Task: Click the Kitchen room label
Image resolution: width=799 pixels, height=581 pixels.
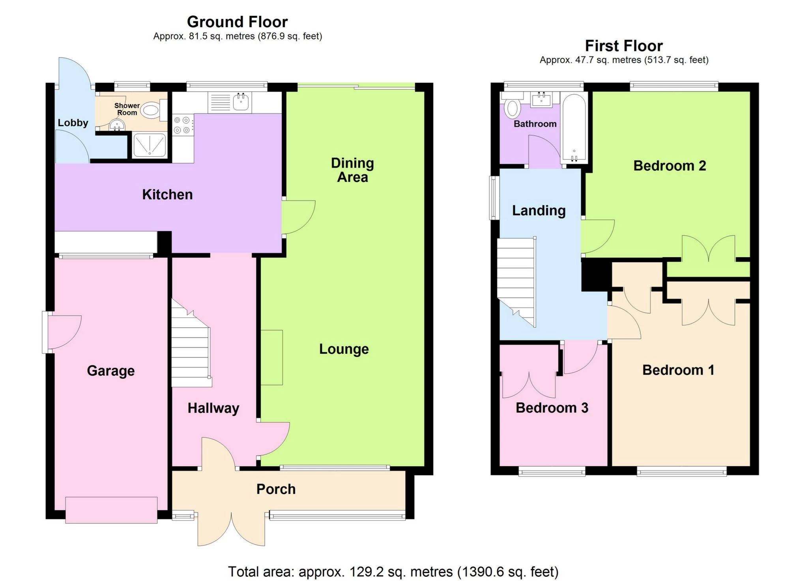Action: pos(167,194)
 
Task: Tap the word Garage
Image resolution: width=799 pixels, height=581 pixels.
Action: pos(111,371)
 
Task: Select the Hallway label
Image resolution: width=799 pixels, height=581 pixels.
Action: pos(213,408)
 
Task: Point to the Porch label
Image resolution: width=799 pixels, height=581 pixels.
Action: pos(276,489)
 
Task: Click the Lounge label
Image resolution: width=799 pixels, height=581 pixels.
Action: pos(344,349)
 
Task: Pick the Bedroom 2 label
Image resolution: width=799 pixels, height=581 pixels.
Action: pos(670,166)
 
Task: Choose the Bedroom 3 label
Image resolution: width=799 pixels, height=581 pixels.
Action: pos(552,408)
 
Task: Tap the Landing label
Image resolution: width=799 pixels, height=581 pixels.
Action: pos(539,211)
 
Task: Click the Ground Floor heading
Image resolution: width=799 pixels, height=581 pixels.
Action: pos(238,22)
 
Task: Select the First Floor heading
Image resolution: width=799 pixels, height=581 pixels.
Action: pos(624,46)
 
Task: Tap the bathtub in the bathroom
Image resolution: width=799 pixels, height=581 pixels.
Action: pos(574,128)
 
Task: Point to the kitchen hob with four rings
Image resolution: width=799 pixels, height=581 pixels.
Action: pos(183,125)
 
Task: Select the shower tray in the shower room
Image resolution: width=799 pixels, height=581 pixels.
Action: pos(150,145)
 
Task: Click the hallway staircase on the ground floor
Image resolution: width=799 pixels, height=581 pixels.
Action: pos(191,342)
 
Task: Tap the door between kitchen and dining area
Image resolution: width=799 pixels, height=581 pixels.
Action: pos(299,217)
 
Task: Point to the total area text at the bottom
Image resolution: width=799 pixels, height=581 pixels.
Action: pos(393,572)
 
